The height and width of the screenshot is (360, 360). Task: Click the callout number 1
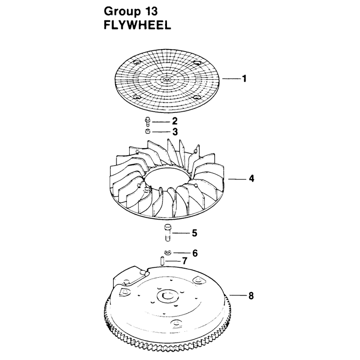coord(244,78)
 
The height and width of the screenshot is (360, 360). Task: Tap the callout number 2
coord(175,121)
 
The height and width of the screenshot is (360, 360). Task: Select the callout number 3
coord(175,132)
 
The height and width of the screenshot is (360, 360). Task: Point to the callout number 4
coord(252,178)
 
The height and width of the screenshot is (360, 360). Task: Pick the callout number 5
coord(194,233)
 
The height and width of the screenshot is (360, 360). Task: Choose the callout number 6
coord(195,253)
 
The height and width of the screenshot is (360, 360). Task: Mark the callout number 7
coord(184,261)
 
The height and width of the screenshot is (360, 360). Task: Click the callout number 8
coord(251,296)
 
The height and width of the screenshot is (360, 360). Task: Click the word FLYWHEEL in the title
coord(138,25)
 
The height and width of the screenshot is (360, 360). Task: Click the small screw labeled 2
coord(148,121)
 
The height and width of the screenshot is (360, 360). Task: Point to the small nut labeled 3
coord(148,132)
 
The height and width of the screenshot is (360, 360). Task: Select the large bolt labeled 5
coord(167,233)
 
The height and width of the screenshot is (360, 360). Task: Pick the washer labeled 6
coord(168,252)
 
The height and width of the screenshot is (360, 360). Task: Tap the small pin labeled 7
coord(162,261)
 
